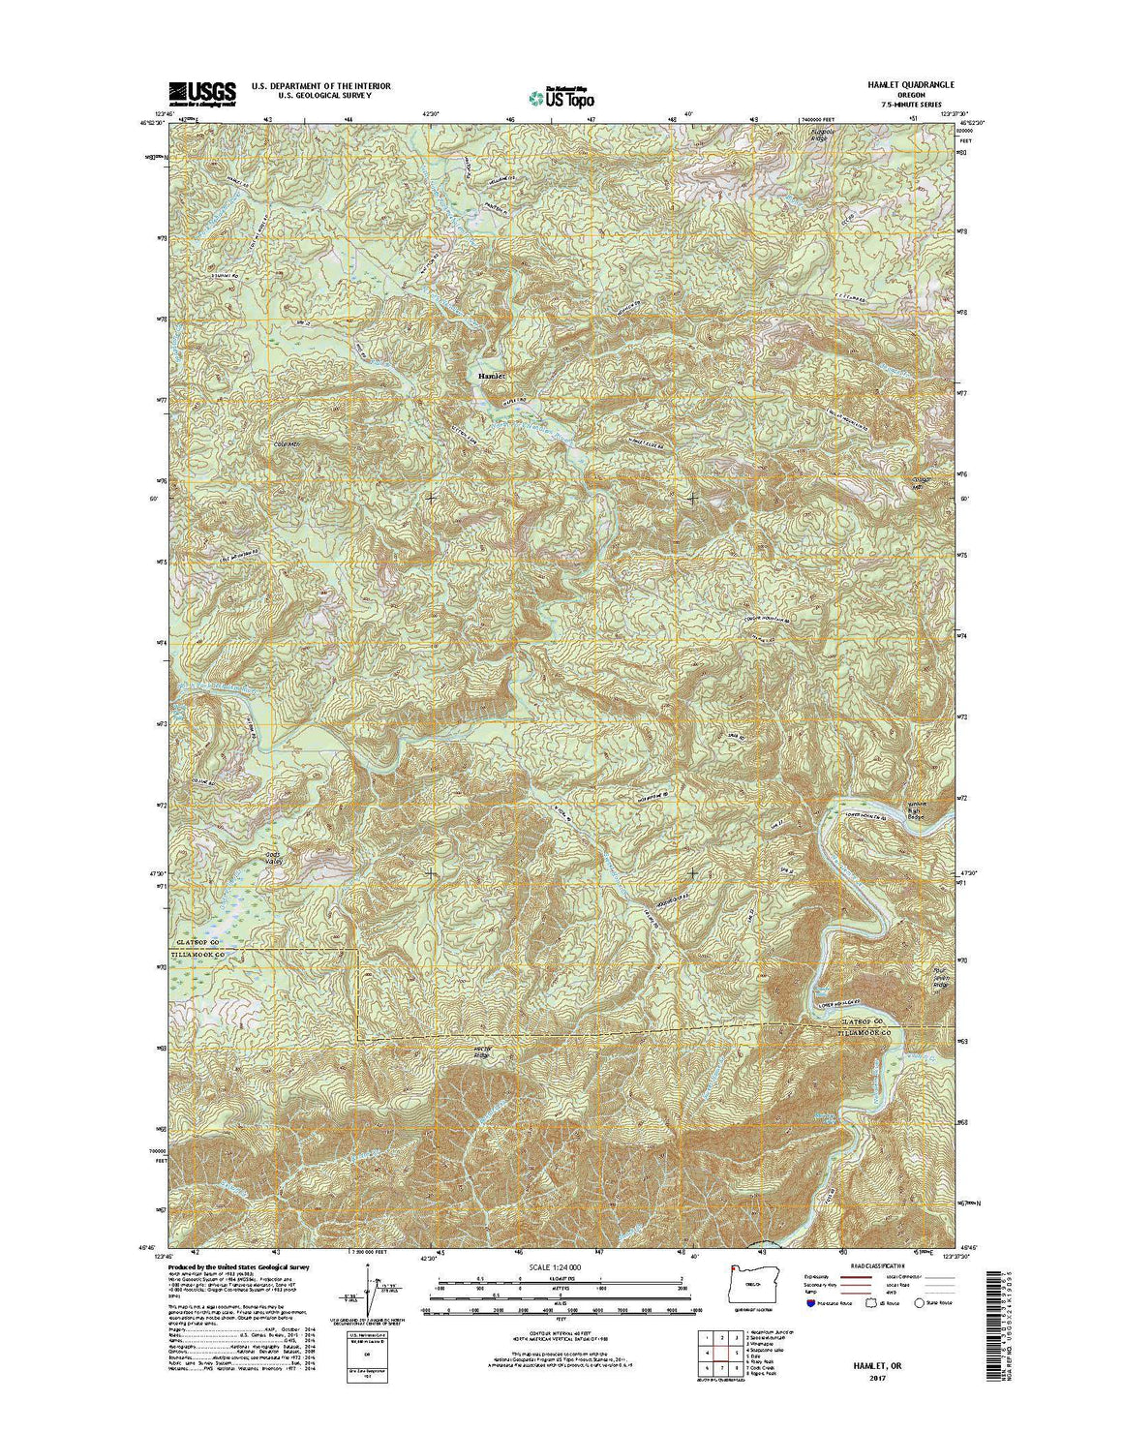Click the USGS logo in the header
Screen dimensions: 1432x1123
pos(202,93)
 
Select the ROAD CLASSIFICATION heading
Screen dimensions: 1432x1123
pos(875,1265)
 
